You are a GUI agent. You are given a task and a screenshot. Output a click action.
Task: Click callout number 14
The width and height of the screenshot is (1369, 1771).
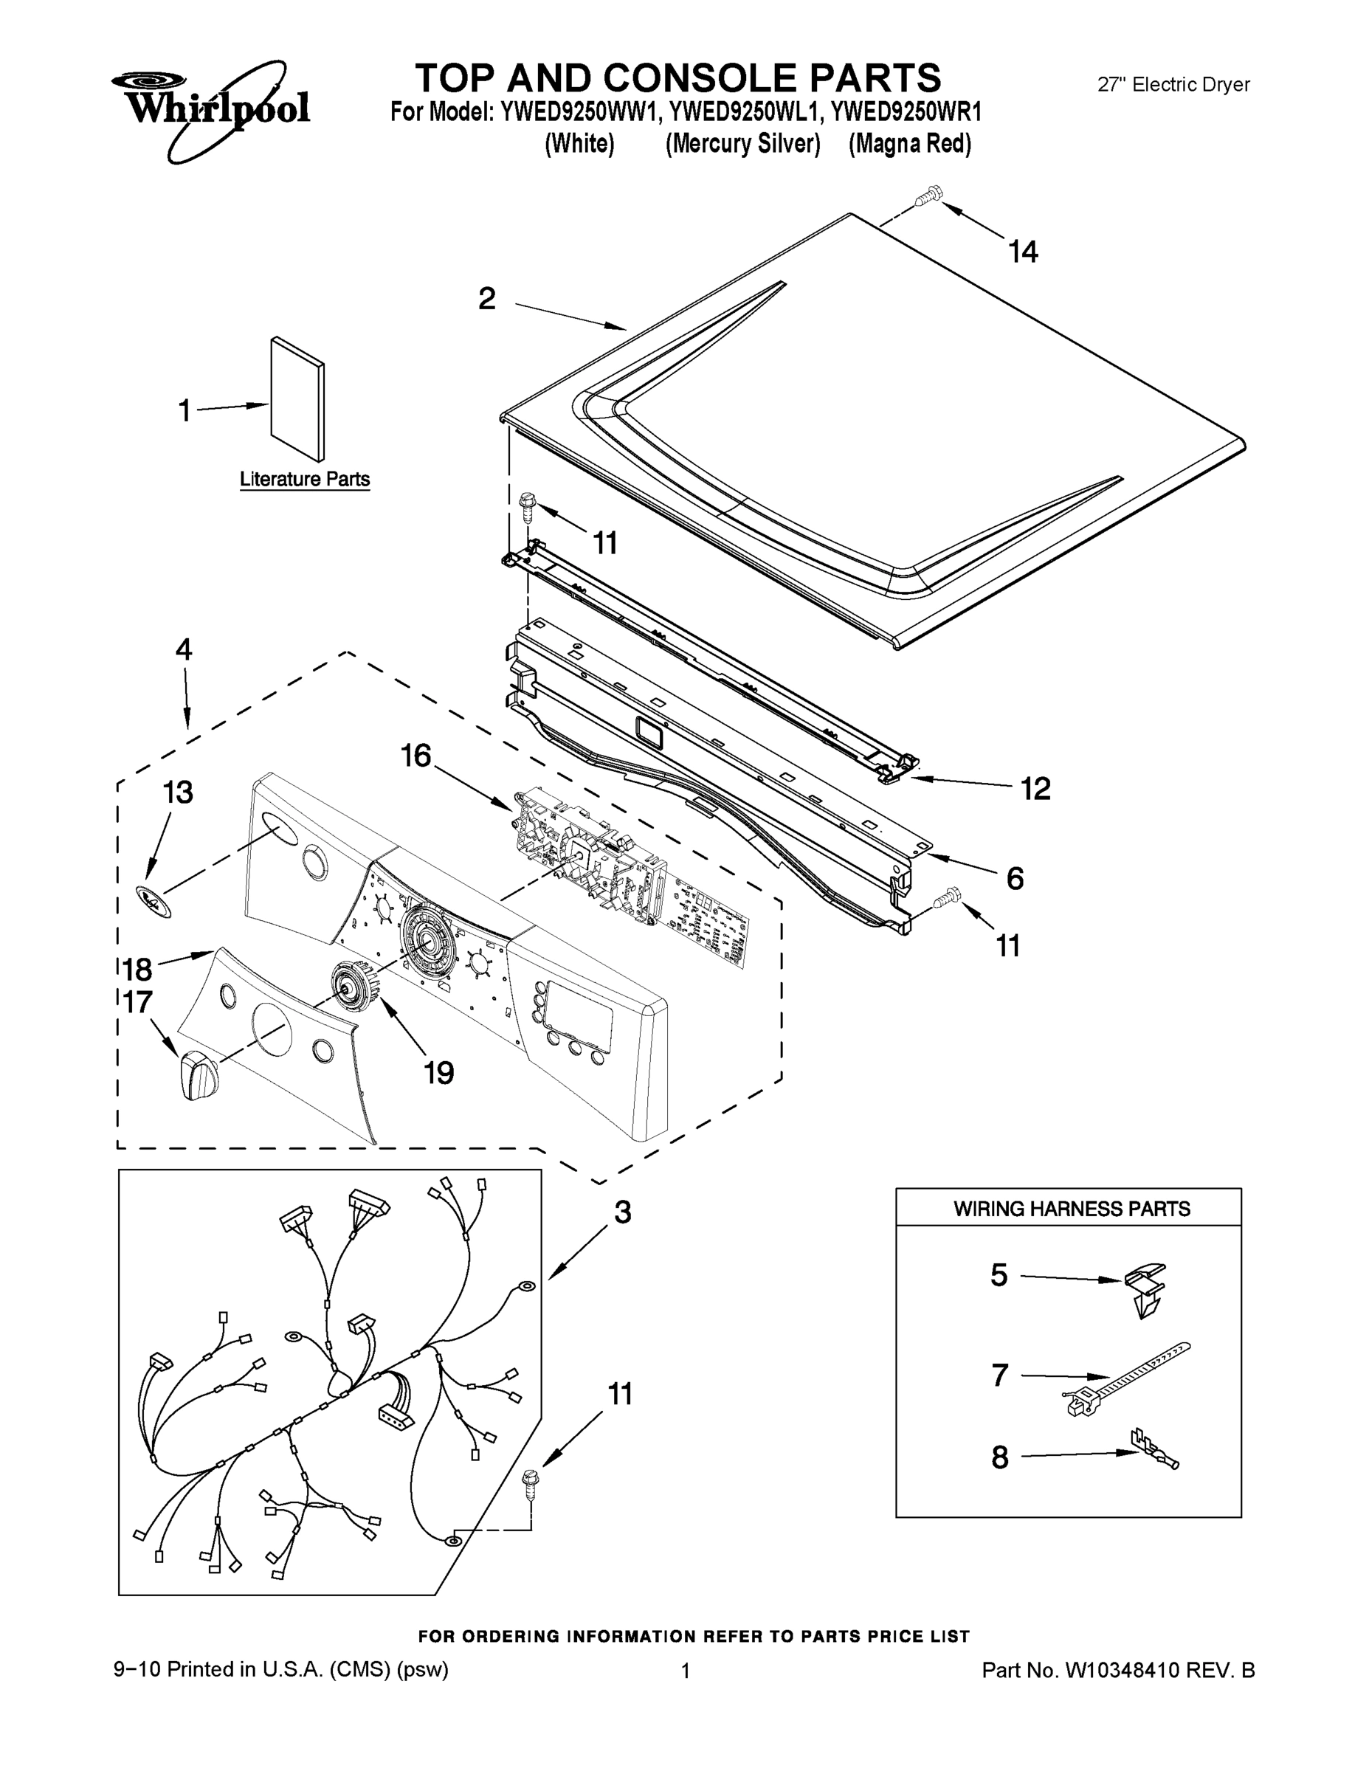click(x=1023, y=252)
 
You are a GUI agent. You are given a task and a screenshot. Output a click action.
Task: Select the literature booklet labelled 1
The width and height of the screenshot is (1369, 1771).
click(x=297, y=399)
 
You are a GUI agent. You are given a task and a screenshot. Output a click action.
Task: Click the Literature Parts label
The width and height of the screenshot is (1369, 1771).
click(x=305, y=479)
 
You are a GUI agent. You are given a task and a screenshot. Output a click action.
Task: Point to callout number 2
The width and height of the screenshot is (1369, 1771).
click(x=486, y=298)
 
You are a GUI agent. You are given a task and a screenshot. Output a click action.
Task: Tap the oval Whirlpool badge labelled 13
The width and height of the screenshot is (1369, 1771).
click(x=154, y=902)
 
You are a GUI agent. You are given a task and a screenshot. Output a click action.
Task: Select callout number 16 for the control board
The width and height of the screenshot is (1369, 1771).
click(x=416, y=756)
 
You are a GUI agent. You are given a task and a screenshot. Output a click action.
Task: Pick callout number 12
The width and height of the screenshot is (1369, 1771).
click(x=1035, y=788)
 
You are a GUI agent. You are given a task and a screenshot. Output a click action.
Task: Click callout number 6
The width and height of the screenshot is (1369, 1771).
click(x=1015, y=878)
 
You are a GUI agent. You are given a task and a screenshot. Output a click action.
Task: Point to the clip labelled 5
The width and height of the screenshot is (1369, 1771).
click(x=1146, y=1288)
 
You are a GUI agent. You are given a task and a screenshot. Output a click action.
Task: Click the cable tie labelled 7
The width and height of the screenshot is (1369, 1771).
click(x=1128, y=1378)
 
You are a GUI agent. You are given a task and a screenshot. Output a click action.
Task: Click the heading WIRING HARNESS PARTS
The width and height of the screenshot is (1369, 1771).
click(x=1072, y=1209)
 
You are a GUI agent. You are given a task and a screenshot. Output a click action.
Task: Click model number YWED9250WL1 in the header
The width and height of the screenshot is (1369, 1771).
click(x=744, y=111)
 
